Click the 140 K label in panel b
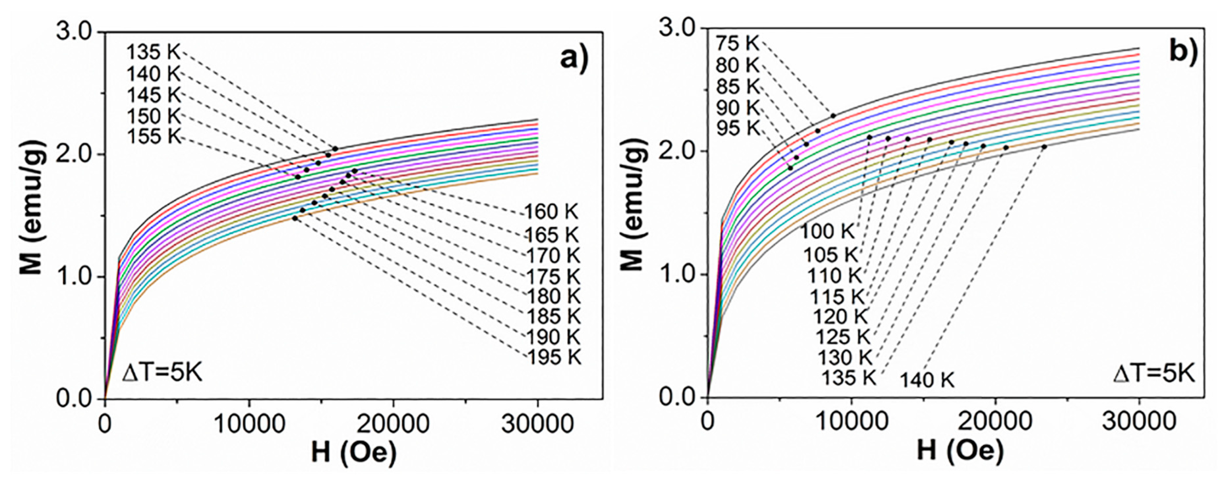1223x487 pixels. [927, 381]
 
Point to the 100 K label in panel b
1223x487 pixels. [827, 232]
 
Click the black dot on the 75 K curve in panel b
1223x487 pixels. [833, 115]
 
